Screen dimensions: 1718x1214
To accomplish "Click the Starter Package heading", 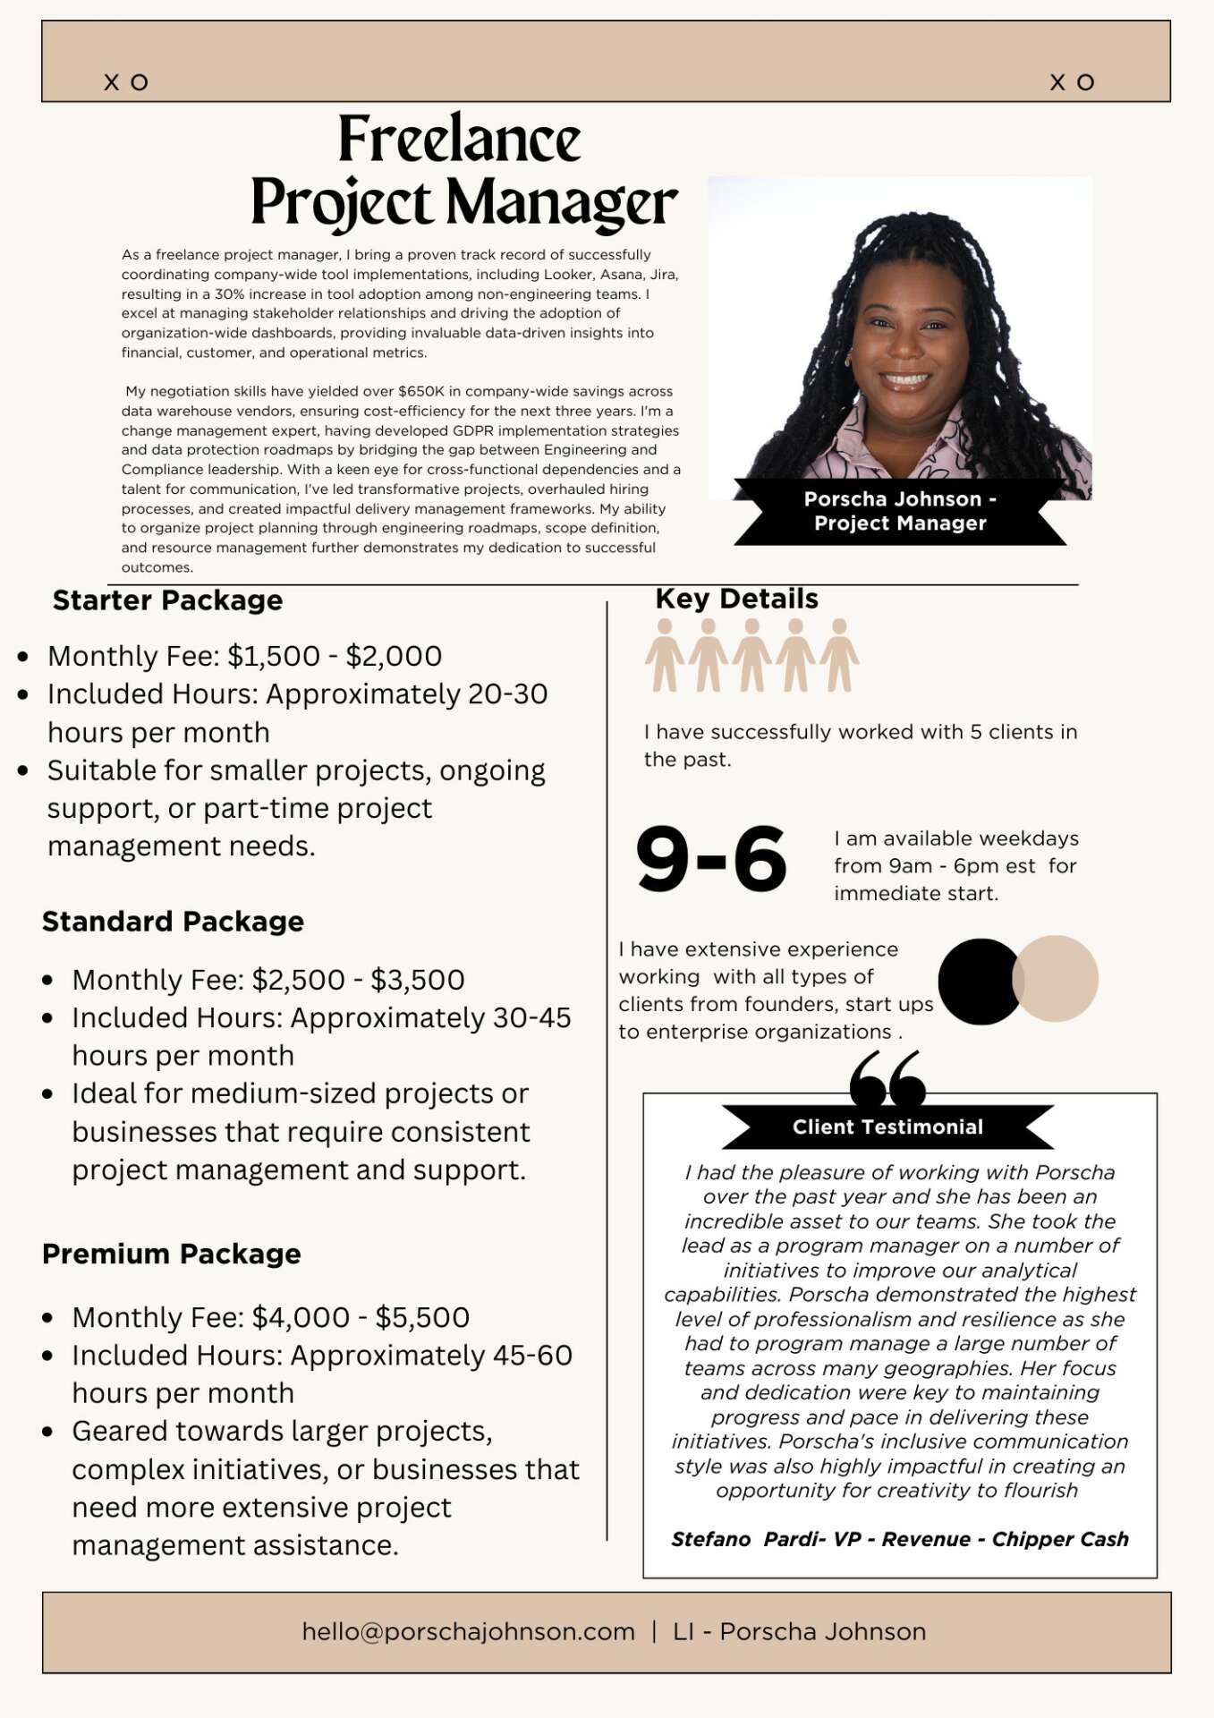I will (167, 600).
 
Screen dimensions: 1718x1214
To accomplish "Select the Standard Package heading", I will (173, 922).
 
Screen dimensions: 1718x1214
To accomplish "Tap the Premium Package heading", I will (171, 1254).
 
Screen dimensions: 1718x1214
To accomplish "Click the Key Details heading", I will (736, 599).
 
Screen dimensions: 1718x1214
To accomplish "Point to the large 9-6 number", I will (711, 859).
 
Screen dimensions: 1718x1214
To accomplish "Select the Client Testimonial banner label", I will (887, 1127).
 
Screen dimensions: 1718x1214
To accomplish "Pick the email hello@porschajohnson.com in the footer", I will (468, 1632).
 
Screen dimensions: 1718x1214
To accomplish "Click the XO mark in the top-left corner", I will (126, 82).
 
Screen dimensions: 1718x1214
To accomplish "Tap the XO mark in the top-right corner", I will (1072, 82).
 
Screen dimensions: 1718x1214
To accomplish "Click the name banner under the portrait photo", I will (900, 511).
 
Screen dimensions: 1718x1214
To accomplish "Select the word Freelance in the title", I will (459, 140).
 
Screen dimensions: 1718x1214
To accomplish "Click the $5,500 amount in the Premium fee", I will (422, 1317).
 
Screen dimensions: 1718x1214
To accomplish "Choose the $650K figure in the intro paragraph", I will (420, 391).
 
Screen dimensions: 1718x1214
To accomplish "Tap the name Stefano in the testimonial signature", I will (711, 1539).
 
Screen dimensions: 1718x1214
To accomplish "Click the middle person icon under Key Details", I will (751, 655).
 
